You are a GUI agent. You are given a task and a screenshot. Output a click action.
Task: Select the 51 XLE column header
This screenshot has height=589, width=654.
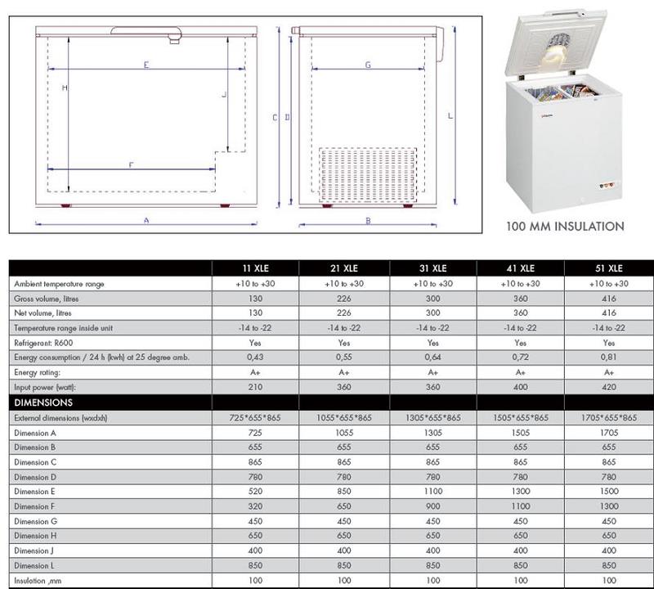tap(609, 268)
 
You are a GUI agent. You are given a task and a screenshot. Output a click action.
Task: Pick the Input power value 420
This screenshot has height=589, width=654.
tap(609, 387)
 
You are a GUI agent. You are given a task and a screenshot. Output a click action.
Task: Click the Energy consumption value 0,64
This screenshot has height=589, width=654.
tap(433, 357)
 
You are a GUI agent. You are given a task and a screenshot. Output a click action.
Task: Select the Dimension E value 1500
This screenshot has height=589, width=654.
tap(609, 492)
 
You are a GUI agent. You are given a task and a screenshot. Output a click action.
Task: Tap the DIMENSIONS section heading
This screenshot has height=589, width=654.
tap(44, 402)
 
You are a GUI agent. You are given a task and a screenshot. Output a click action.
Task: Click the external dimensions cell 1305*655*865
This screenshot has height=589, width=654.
tap(433, 418)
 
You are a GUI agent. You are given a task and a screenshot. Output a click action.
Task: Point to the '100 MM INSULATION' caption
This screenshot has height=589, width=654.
tap(566, 227)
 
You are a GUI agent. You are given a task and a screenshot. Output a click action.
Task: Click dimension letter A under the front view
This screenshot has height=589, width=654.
tap(146, 219)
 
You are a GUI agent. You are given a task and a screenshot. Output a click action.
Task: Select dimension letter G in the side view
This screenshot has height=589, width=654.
tap(368, 64)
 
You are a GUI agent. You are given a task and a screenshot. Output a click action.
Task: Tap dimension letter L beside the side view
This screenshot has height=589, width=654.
tap(450, 116)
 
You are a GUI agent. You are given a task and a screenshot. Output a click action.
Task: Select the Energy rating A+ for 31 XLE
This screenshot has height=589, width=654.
tap(433, 372)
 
